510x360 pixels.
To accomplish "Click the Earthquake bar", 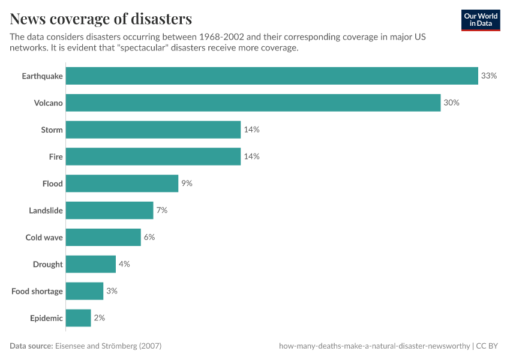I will [x=272, y=76].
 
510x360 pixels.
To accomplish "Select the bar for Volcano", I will [x=253, y=103].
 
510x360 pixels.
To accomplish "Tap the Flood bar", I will [x=122, y=184].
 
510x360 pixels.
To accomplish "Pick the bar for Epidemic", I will [x=78, y=318].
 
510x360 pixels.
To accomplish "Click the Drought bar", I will [x=91, y=264].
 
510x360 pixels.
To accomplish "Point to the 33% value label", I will [x=489, y=76].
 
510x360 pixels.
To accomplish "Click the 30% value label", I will [x=451, y=103].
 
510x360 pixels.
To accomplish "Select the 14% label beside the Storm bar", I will [x=251, y=130].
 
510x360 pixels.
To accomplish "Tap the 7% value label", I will [x=161, y=211].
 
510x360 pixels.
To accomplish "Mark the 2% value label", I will [x=99, y=318].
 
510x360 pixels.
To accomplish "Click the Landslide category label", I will [x=46, y=211].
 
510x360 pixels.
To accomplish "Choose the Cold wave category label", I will [x=44, y=238].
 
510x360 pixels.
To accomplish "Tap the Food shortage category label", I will [x=37, y=291].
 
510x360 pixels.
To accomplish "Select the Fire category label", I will [x=56, y=157].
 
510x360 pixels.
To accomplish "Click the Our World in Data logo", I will [x=480, y=20].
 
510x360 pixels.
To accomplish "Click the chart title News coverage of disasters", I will [x=101, y=19].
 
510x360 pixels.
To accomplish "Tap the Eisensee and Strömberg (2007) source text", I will [x=108, y=346].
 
